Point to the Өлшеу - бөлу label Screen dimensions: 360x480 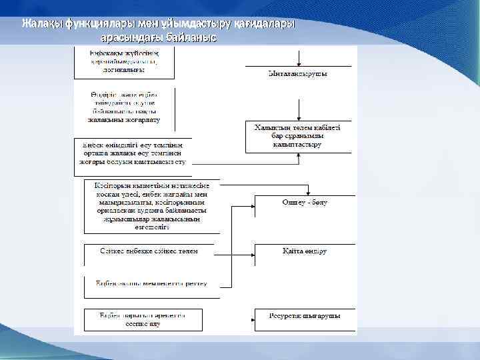(304, 201)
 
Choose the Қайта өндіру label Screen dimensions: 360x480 (304, 251)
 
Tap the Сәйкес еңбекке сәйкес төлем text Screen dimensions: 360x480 (148, 251)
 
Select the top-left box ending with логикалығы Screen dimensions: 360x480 (123, 62)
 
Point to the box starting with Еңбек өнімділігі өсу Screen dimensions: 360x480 (133, 152)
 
